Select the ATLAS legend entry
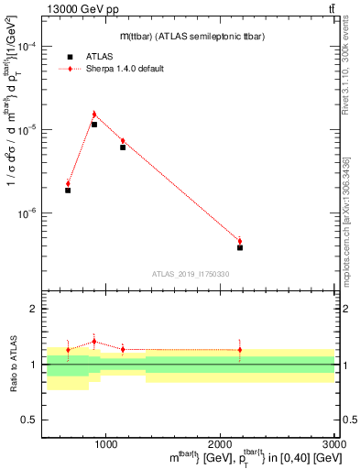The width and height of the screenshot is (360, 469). pos(84,56)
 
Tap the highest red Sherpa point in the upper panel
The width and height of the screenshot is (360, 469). pos(94,115)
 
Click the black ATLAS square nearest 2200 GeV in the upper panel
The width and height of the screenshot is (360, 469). pos(240,247)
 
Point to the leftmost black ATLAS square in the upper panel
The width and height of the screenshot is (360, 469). pos(68,191)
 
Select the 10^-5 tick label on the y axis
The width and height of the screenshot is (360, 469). pos(27,130)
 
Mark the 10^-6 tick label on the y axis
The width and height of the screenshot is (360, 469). pos(27,213)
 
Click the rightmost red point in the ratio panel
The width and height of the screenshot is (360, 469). pos(240,349)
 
